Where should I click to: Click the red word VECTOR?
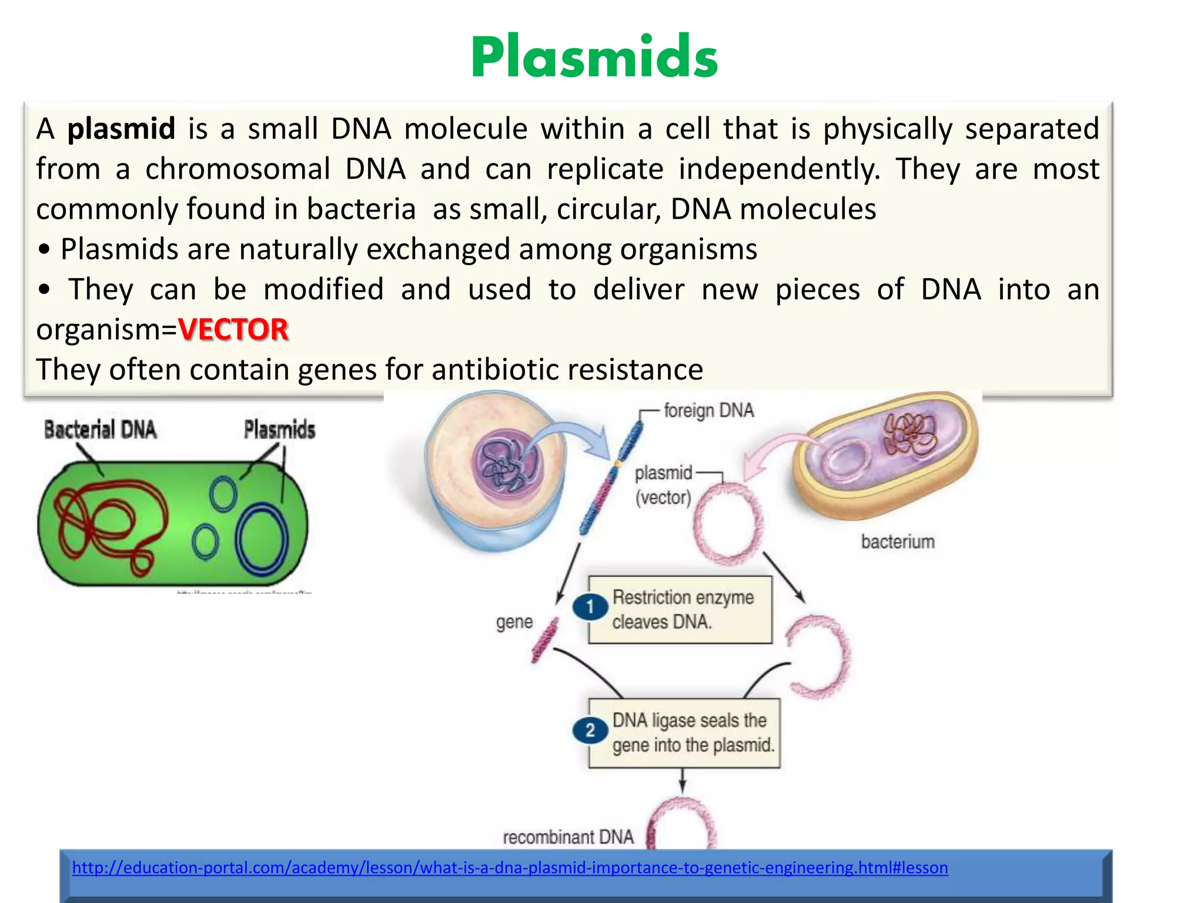pos(233,329)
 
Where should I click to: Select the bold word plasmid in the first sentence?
pos(121,129)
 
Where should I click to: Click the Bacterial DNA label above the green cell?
pos(100,430)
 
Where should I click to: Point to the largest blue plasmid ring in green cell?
pos(262,540)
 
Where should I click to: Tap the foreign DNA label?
pos(708,410)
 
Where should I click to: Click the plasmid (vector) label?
pos(663,485)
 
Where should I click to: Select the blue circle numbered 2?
pos(590,731)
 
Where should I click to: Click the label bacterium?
pos(898,541)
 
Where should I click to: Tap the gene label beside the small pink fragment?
pos(514,622)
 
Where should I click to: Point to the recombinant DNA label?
pos(568,837)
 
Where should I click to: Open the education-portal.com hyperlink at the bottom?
pos(510,868)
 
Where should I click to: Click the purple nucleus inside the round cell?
pos(509,463)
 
